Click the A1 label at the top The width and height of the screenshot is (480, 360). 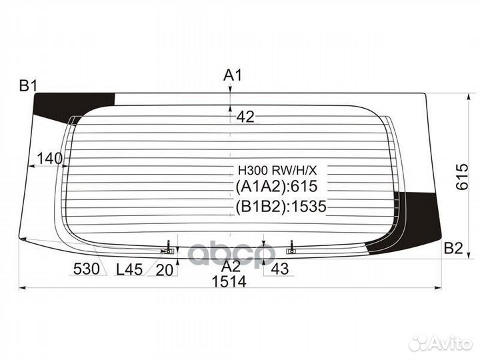pyautogui.click(x=232, y=75)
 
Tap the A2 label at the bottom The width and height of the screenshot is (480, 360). pyautogui.click(x=231, y=266)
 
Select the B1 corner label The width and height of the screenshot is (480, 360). pyautogui.click(x=28, y=85)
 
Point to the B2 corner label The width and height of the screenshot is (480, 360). pyautogui.click(x=453, y=249)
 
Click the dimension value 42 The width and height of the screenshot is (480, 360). pyautogui.click(x=245, y=117)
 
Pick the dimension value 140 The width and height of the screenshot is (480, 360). pyautogui.click(x=49, y=158)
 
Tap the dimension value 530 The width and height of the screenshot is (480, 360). pyautogui.click(x=87, y=269)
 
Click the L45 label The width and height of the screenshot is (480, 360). pyautogui.click(x=129, y=269)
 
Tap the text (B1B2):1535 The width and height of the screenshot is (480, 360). pyautogui.click(x=280, y=207)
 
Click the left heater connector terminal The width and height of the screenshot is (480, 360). pyautogui.click(x=169, y=250)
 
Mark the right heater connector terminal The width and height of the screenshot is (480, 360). pyautogui.click(x=291, y=250)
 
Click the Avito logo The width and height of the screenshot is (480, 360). pyautogui.click(x=441, y=343)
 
